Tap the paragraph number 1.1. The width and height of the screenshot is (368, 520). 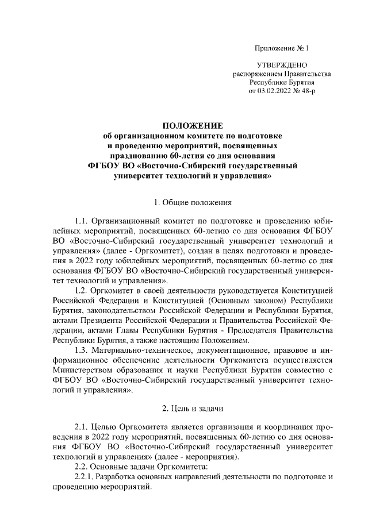[84, 221]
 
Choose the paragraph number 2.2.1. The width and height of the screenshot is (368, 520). [87, 477]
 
